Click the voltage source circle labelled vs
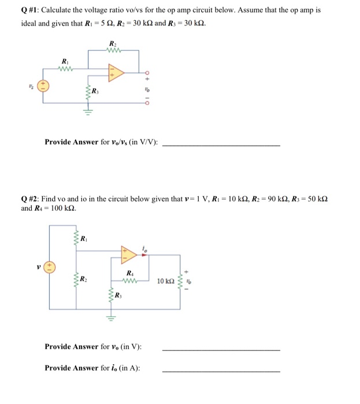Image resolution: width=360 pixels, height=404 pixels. tap(42, 85)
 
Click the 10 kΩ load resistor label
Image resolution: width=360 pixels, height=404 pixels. tap(165, 281)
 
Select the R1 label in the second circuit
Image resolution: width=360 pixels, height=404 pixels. tap(84, 238)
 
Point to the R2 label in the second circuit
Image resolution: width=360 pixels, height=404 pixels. tap(84, 280)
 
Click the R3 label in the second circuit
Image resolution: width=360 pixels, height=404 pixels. tap(118, 297)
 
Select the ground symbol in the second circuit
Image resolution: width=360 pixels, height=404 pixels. tap(110, 317)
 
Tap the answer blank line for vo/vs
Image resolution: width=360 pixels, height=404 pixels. tap(222, 145)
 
